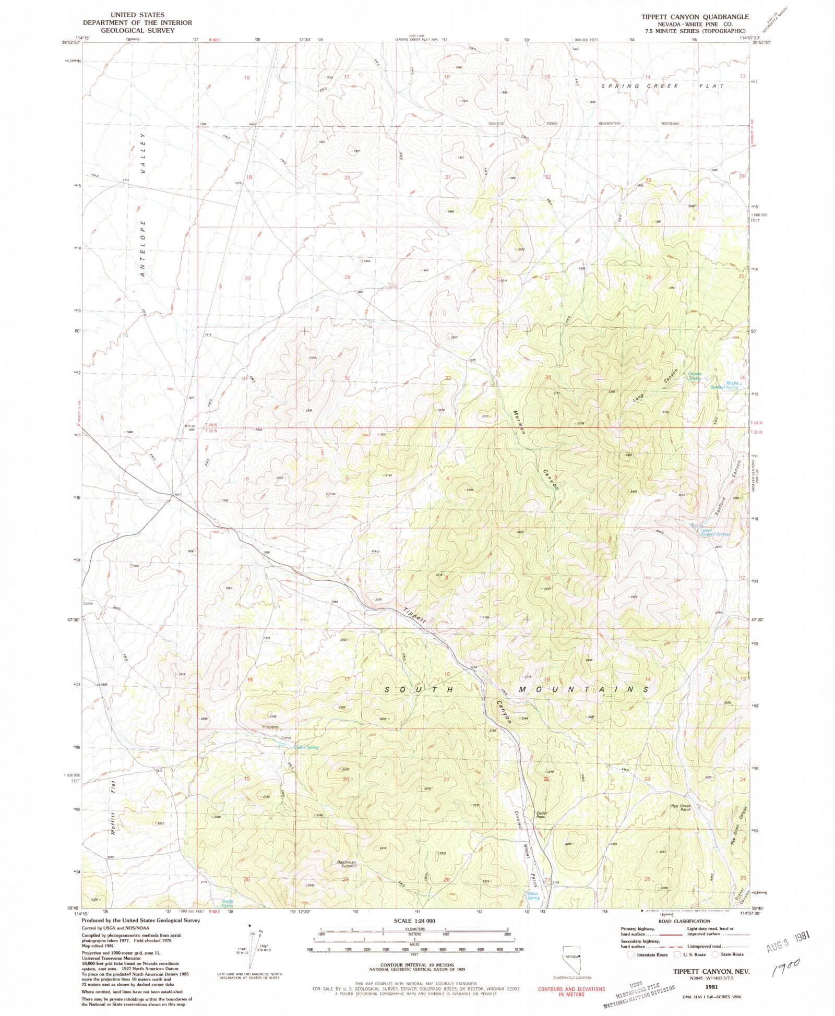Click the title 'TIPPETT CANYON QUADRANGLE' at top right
[695, 17]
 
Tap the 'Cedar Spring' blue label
[306, 747]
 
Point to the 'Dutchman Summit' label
[346, 864]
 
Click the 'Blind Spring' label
[533, 895]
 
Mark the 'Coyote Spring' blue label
[695, 376]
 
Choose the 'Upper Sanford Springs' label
[713, 532]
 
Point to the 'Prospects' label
[270, 727]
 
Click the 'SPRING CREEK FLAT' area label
[662, 86]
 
